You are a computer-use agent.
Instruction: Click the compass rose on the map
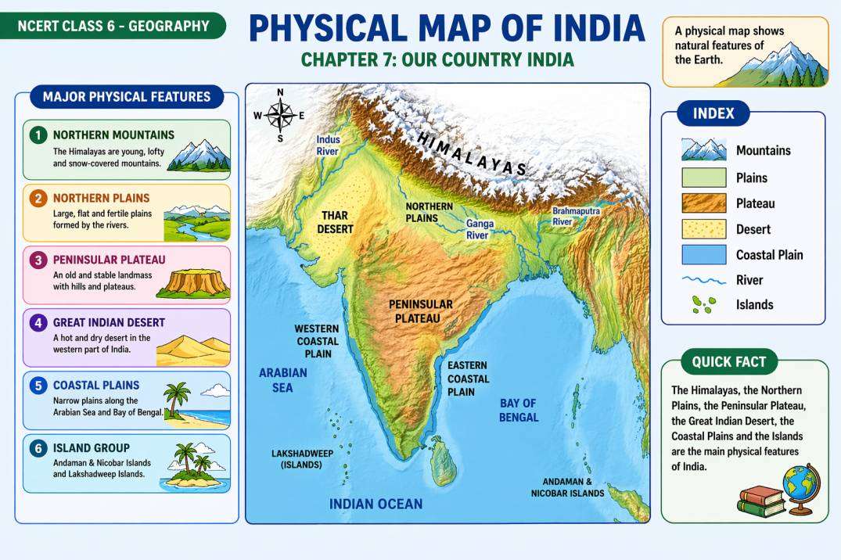point(279,116)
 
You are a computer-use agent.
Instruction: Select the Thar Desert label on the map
point(335,223)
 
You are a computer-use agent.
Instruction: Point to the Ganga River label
point(480,229)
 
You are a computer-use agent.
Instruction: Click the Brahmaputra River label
point(573,217)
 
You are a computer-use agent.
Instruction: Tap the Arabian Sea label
point(283,380)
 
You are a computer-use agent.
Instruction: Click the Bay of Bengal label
point(519,411)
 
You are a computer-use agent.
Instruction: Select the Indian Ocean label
point(376,504)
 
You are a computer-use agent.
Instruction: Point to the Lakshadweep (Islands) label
point(297,459)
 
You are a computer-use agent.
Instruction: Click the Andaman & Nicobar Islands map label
point(567,488)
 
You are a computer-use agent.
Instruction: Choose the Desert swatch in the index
point(704,229)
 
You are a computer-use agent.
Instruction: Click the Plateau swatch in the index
point(704,203)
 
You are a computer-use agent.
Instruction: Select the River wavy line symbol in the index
point(704,280)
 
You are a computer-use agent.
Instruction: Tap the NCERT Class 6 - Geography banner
point(113,26)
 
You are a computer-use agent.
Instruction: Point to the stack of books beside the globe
point(760,501)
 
